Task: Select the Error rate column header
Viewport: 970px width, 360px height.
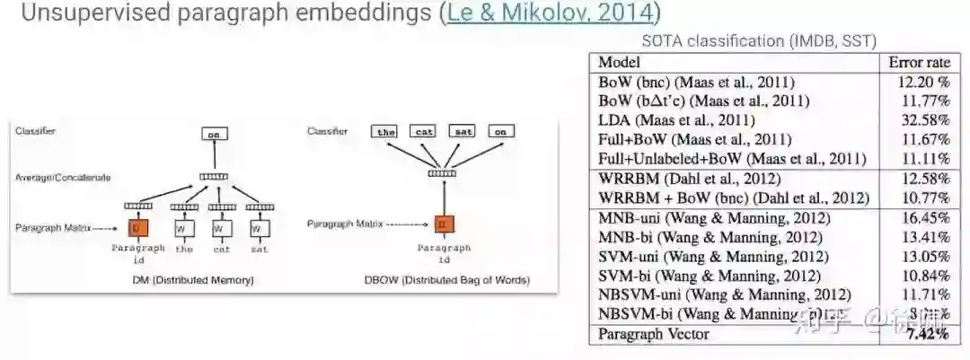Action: pos(919,62)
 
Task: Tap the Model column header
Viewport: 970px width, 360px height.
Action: pos(619,62)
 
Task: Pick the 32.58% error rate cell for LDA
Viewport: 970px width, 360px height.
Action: pos(925,119)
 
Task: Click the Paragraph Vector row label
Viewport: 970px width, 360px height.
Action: pos(654,334)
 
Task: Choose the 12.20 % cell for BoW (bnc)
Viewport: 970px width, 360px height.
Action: pos(923,82)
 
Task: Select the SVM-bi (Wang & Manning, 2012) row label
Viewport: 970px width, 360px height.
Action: pos(710,275)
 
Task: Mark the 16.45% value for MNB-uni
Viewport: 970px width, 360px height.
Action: pos(925,217)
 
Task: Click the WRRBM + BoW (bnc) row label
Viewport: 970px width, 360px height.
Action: pos(734,198)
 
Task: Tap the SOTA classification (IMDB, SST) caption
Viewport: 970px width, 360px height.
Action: pos(759,40)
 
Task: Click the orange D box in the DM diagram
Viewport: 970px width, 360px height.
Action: pos(137,229)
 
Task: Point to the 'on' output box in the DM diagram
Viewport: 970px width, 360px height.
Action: pos(213,134)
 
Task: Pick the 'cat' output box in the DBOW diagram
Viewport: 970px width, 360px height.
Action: pos(423,131)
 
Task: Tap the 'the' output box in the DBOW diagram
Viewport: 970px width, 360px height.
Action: pos(385,131)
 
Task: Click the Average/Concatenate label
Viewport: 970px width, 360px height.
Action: pos(63,178)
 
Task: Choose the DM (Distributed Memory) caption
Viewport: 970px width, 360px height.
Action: pos(191,280)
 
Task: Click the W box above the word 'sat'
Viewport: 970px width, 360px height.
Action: pos(259,229)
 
